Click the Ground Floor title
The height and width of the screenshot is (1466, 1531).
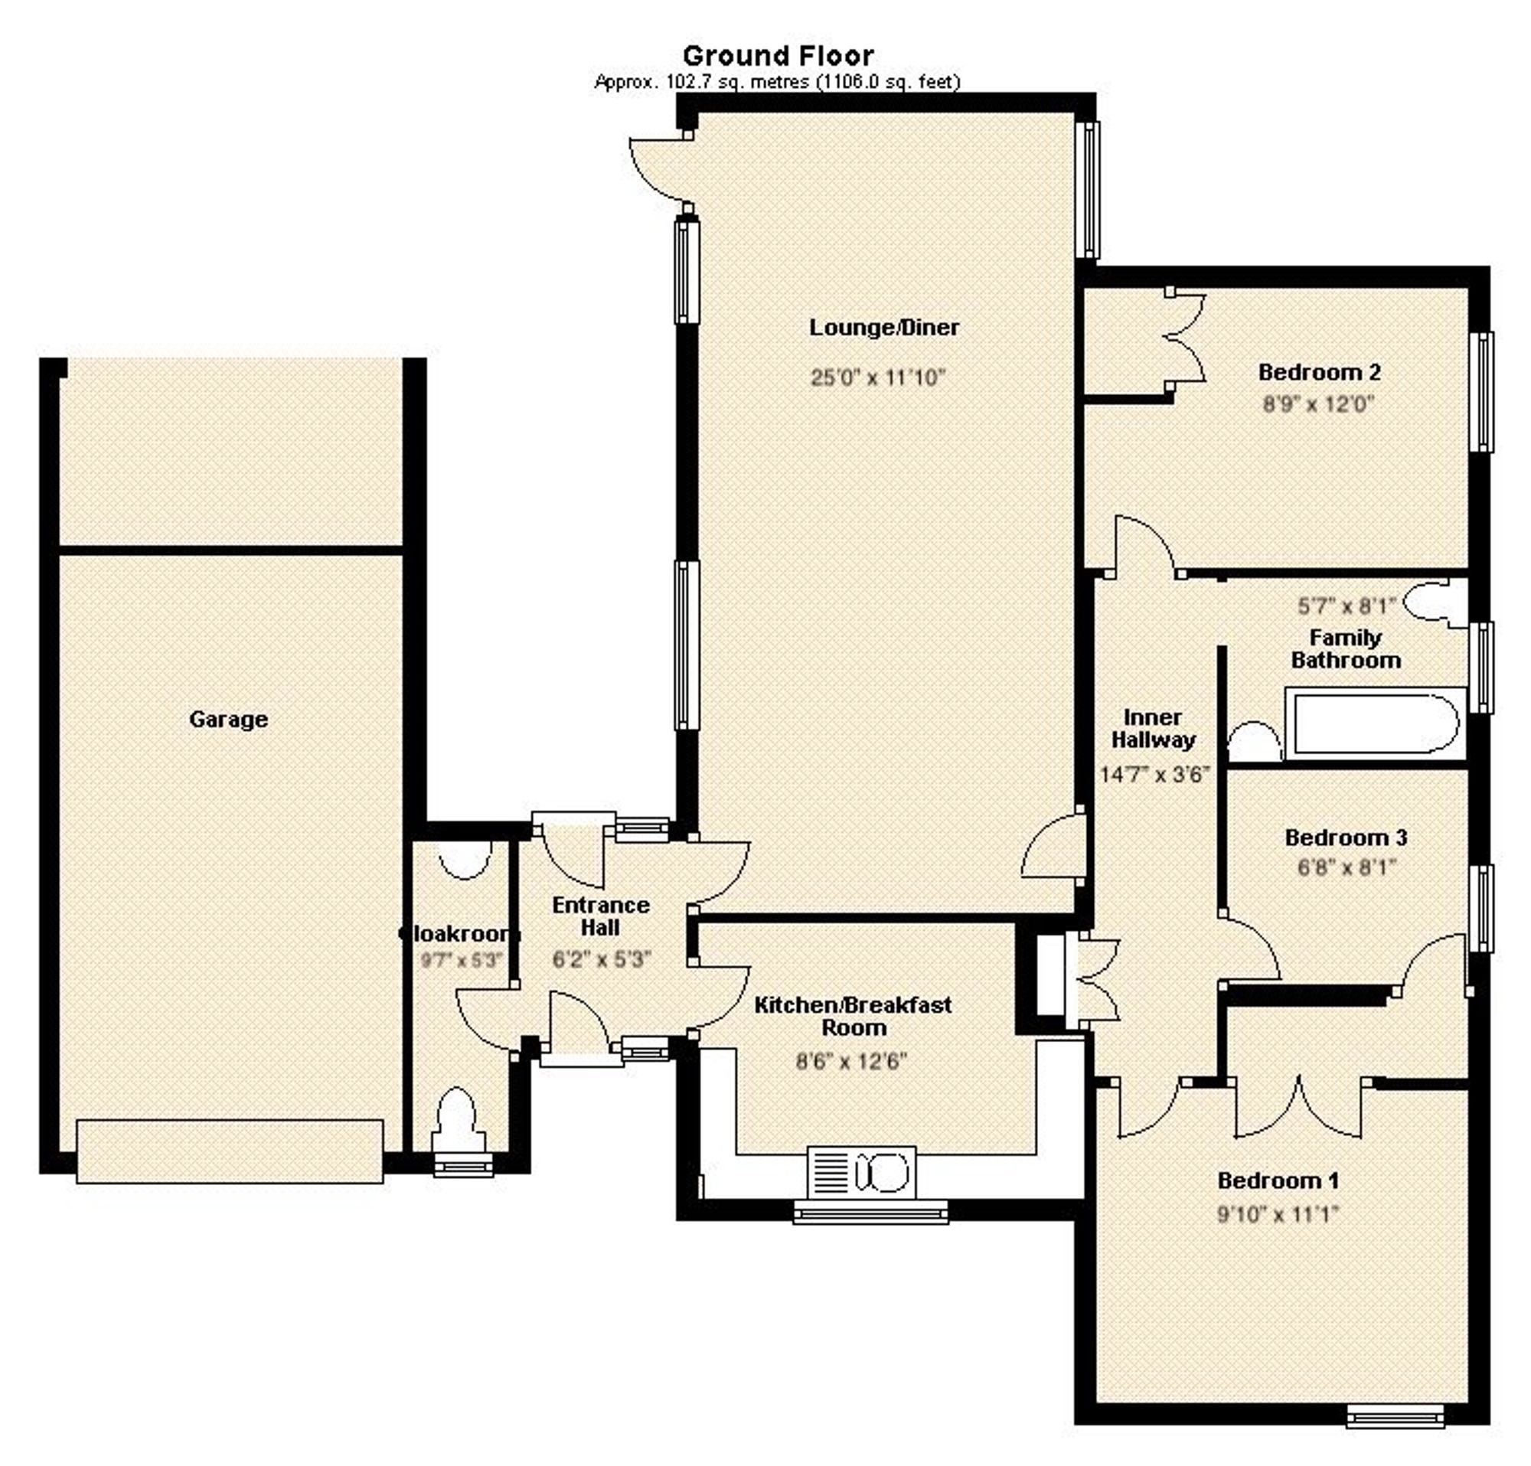778,55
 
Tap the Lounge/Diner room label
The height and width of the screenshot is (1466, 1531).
883,327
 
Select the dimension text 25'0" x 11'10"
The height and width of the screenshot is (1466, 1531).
878,378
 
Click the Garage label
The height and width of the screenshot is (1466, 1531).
228,720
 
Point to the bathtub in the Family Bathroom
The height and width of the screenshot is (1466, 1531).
1373,723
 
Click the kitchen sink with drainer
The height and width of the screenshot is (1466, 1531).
860,1171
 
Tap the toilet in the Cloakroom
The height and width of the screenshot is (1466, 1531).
458,1122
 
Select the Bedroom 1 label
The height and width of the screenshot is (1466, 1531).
1278,1180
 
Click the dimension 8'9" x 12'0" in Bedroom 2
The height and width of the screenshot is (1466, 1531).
1318,404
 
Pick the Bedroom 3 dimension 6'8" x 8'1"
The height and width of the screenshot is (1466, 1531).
1346,867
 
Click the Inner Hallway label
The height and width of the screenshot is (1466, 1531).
1153,728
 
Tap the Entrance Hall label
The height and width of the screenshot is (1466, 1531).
600,916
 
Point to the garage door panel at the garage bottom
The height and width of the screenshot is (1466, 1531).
230,1151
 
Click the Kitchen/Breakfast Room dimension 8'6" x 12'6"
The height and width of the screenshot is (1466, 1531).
850,1062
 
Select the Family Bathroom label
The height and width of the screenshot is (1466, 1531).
1345,649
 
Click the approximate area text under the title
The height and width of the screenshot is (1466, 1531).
776,82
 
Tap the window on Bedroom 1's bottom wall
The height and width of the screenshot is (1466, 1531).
1395,1415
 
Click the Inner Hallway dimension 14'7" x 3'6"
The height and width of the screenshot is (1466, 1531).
1154,775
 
